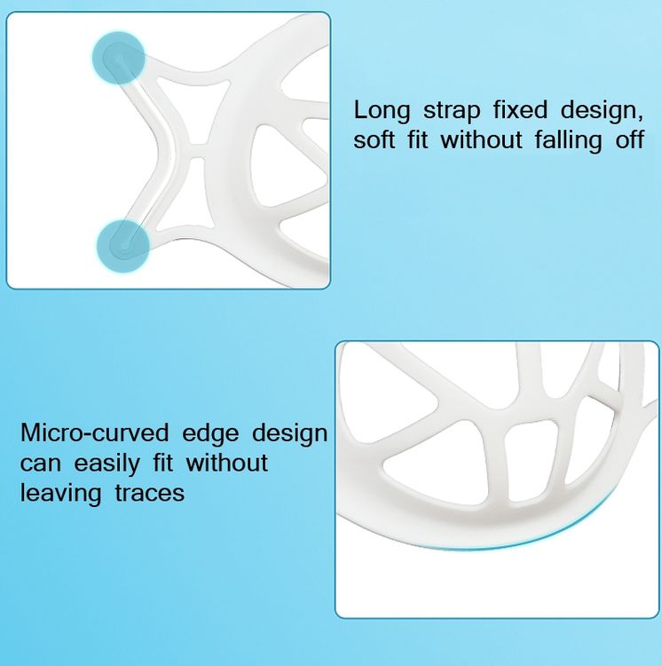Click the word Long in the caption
pyautogui.click(x=382, y=111)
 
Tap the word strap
pyautogui.click(x=452, y=112)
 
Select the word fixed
pyautogui.click(x=520, y=109)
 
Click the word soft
pyautogui.click(x=374, y=139)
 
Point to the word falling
pyautogui.click(x=568, y=141)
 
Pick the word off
pyautogui.click(x=629, y=139)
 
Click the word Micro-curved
pyautogui.click(x=95, y=432)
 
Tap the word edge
pyautogui.click(x=210, y=434)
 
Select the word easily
pyautogui.click(x=107, y=464)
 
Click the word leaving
pyautogui.click(x=60, y=494)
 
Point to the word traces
pyautogui.click(x=150, y=494)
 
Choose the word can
pyautogui.click(x=40, y=464)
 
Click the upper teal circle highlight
pyautogui.click(x=119, y=58)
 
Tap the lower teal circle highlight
pyautogui.click(x=123, y=245)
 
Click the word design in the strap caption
pyautogui.click(x=603, y=111)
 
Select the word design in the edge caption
pyautogui.click(x=290, y=434)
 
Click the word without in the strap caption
pyautogui.click(x=482, y=139)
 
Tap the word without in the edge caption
pyautogui.click(x=227, y=463)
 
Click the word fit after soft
pyautogui.click(x=418, y=139)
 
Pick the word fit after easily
pyautogui.click(x=163, y=463)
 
